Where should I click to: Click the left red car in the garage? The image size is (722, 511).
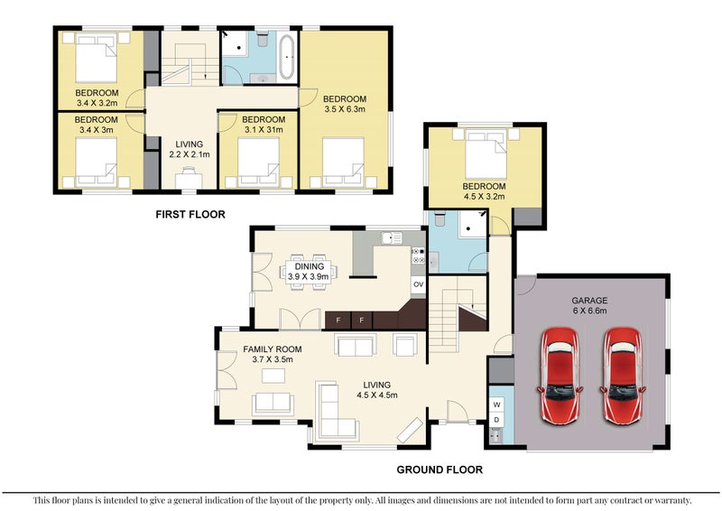[560, 376]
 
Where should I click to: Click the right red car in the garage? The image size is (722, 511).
[623, 376]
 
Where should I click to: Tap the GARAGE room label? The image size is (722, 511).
[589, 301]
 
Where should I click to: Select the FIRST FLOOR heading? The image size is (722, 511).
[190, 214]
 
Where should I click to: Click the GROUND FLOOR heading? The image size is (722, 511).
[440, 470]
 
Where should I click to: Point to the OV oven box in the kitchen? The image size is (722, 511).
[418, 284]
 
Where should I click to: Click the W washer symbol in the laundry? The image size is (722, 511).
[496, 405]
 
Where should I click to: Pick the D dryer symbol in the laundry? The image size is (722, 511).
[496, 420]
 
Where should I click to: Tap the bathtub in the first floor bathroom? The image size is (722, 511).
[287, 57]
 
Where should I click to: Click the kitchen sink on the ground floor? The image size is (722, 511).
[392, 238]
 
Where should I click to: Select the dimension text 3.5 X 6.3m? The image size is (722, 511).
[345, 109]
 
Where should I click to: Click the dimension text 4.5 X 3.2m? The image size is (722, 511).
[484, 196]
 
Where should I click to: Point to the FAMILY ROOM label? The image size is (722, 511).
[273, 349]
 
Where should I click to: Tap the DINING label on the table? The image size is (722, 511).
[310, 266]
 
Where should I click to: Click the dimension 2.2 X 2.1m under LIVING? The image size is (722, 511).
[190, 154]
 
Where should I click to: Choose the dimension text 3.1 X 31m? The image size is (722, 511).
[264, 129]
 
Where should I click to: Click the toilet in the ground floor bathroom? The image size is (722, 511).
[440, 218]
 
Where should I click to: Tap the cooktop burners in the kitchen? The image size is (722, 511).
[418, 256]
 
